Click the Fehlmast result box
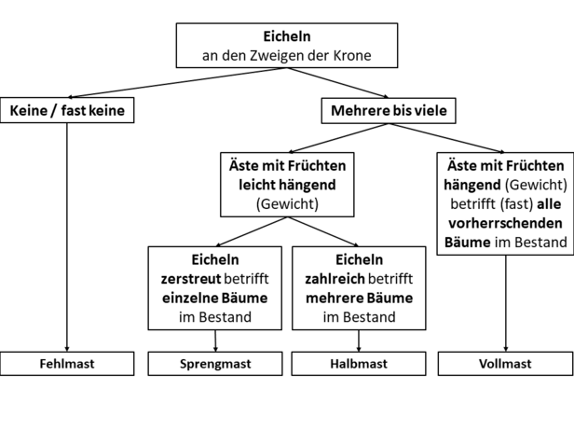pyautogui.click(x=67, y=364)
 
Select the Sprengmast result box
pyautogui.click(x=215, y=364)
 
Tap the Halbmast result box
pyautogui.click(x=359, y=364)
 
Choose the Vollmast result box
pyautogui.click(x=506, y=364)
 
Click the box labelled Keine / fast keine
pyautogui.click(x=67, y=110)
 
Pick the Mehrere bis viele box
pyautogui.click(x=389, y=111)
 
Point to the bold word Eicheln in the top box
pyautogui.click(x=287, y=36)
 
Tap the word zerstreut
pyautogui.click(x=191, y=279)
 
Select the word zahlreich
pyautogui.click(x=335, y=279)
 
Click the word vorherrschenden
pyautogui.click(x=506, y=223)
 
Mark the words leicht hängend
pyautogui.click(x=287, y=185)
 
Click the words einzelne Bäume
pyautogui.click(x=215, y=298)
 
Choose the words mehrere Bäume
pyautogui.click(x=359, y=298)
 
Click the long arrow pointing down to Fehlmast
pyautogui.click(x=67, y=237)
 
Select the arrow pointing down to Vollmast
pyautogui.click(x=506, y=303)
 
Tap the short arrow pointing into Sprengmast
pyautogui.click(x=215, y=341)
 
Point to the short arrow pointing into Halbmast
pyautogui.click(x=359, y=341)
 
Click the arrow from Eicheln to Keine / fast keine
pyautogui.click(x=178, y=83)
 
